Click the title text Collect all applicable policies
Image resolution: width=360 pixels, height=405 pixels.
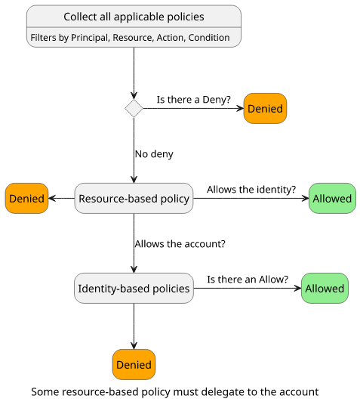point(134,17)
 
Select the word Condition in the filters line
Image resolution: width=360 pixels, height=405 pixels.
point(209,38)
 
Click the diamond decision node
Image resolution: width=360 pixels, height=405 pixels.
point(134,108)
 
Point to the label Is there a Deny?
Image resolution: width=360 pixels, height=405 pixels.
point(193,100)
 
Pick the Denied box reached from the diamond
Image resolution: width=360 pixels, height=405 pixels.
point(265,109)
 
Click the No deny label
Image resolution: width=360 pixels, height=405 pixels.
point(154,154)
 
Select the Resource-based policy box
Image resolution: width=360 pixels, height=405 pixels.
point(134,199)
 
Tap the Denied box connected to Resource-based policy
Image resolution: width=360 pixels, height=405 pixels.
point(26,199)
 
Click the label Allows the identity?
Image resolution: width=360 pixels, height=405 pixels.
point(251,190)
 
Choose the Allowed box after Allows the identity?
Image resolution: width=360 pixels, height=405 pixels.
point(332,199)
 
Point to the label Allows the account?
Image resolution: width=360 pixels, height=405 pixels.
point(180,244)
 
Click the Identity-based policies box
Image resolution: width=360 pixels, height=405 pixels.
point(134,288)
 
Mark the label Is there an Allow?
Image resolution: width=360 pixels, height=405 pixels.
point(248,280)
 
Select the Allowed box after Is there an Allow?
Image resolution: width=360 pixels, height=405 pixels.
point(325,288)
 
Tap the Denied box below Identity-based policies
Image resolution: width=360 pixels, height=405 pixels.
point(134,364)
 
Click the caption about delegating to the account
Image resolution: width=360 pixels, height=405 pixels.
point(174,392)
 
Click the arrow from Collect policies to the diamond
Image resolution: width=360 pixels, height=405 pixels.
point(134,73)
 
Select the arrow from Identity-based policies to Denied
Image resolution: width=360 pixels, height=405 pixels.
point(134,326)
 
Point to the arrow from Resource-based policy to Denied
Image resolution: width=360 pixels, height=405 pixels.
point(61,199)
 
